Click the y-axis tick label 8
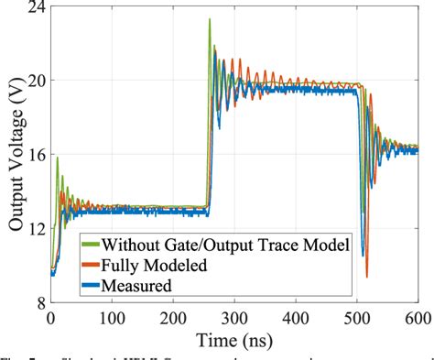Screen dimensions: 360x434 38,303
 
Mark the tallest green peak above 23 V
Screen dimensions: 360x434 210,19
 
